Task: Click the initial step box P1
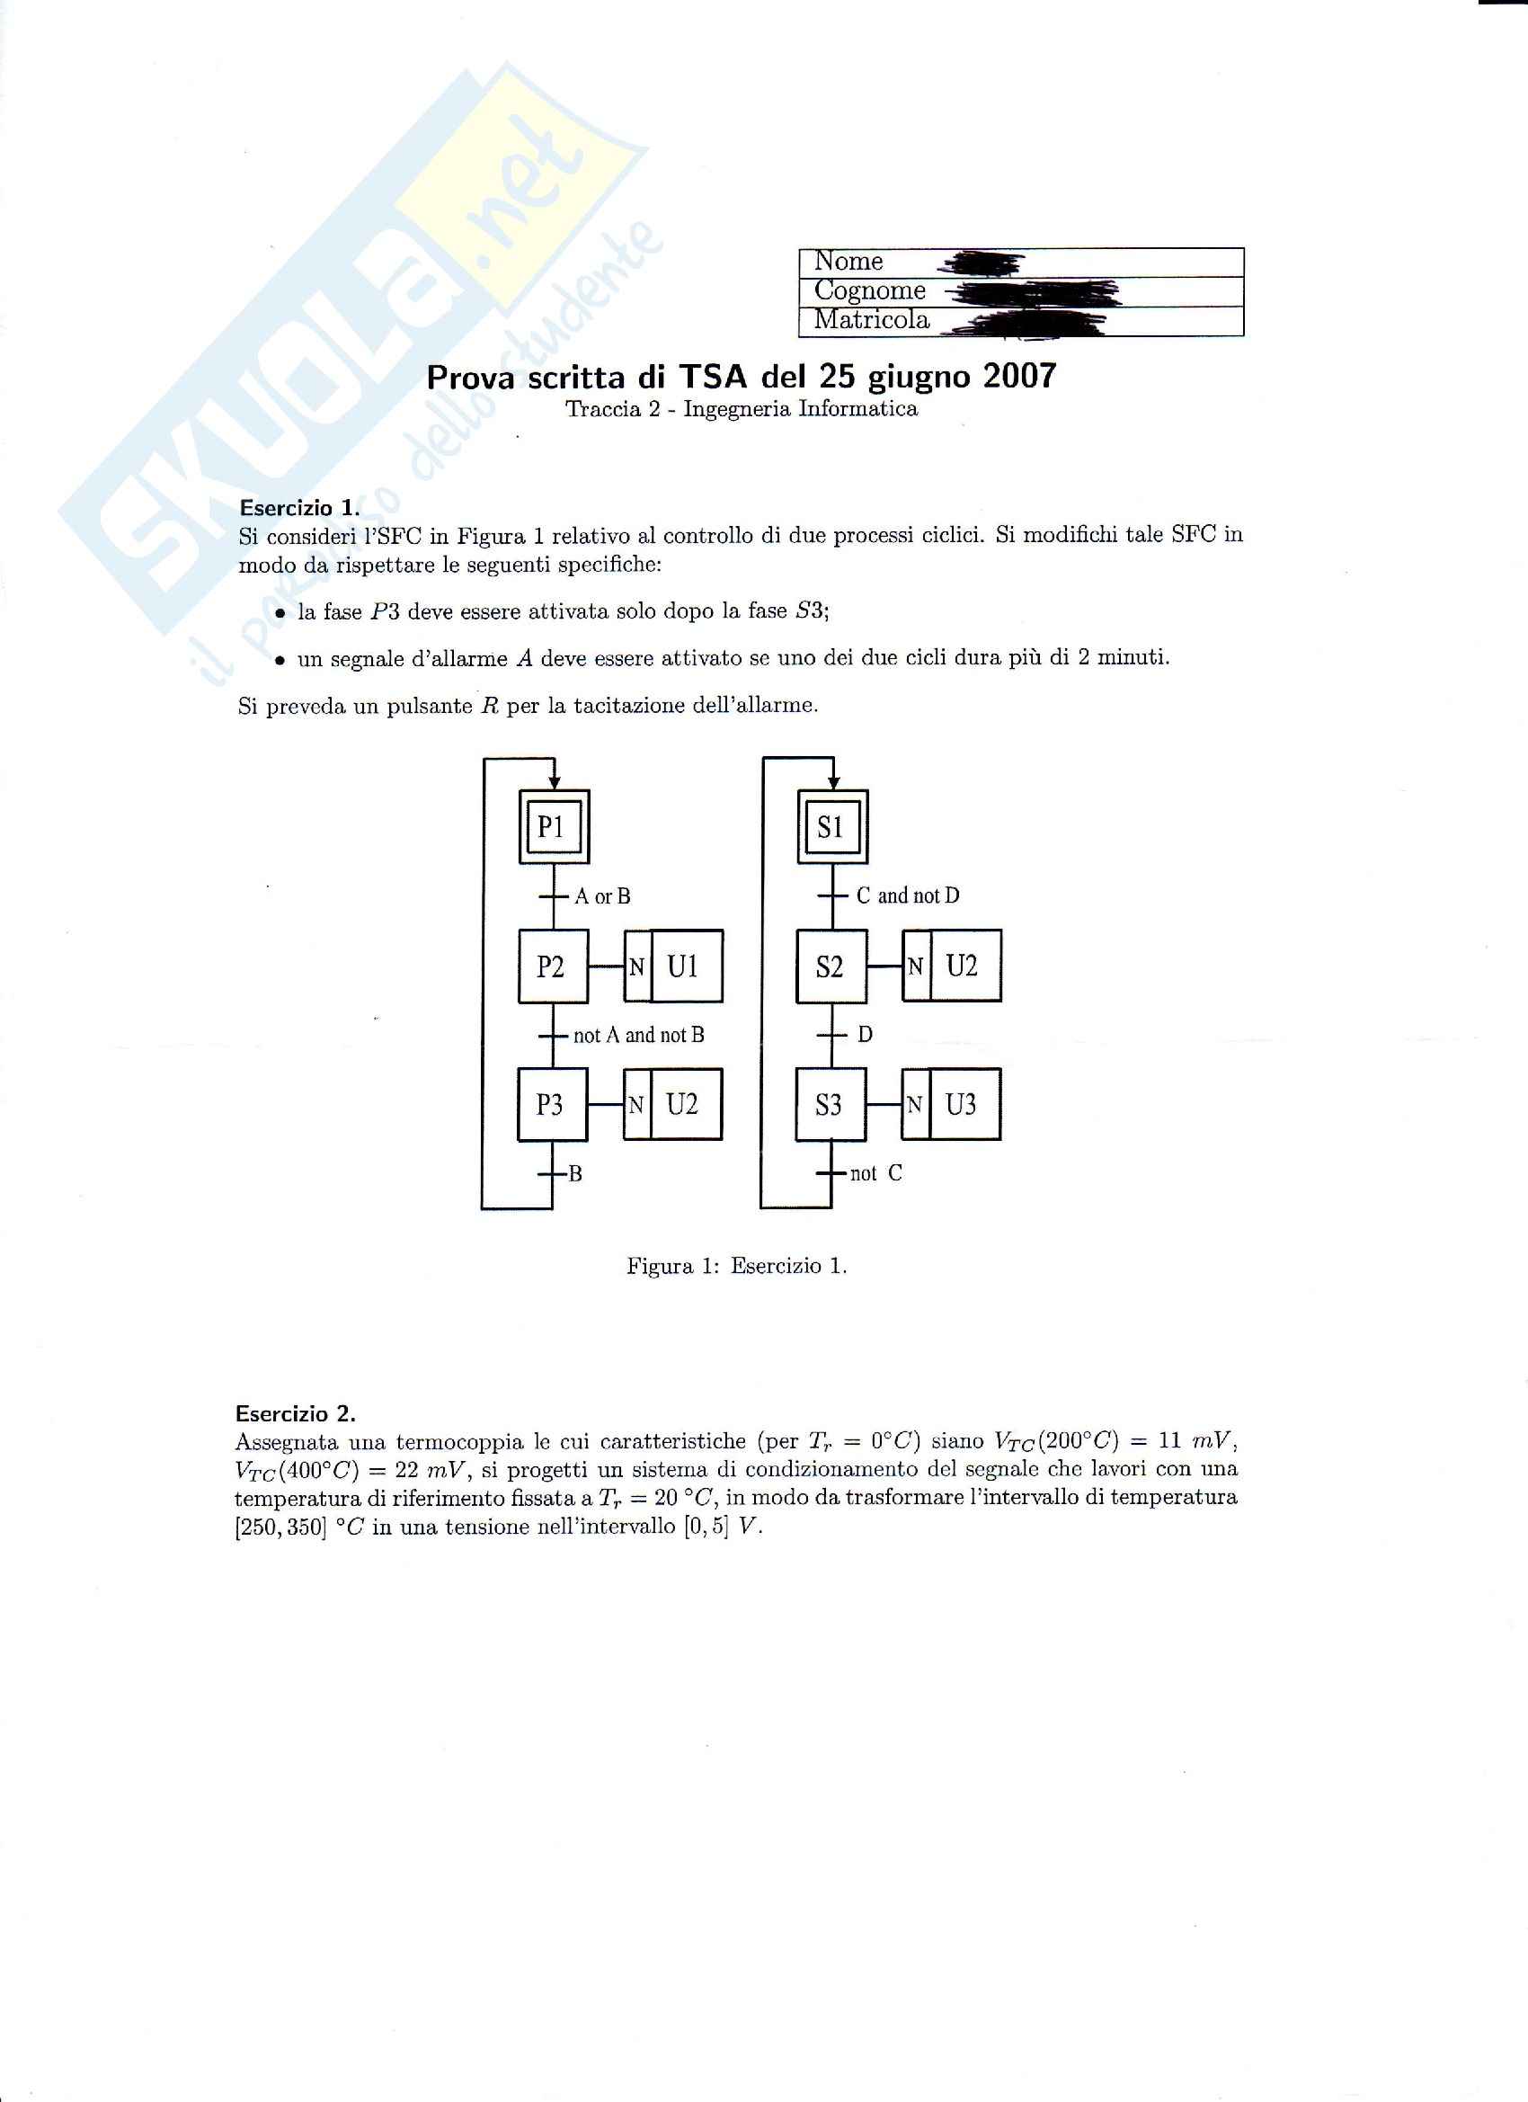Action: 553,827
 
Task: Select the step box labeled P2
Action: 552,966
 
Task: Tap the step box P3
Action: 551,1105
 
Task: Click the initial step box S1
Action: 832,827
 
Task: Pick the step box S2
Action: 831,966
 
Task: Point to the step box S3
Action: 831,1105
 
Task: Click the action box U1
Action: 686,966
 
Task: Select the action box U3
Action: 964,1105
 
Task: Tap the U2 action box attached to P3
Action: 685,1105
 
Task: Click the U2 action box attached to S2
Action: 964,966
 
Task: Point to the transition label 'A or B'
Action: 602,896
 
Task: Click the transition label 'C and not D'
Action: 907,895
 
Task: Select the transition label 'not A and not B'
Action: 638,1034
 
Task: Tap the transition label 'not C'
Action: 875,1173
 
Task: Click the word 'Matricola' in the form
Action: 871,320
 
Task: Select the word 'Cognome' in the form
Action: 869,290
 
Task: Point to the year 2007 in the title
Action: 1019,376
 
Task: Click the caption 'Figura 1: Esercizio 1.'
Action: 737,1266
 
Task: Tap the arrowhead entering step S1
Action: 833,784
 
